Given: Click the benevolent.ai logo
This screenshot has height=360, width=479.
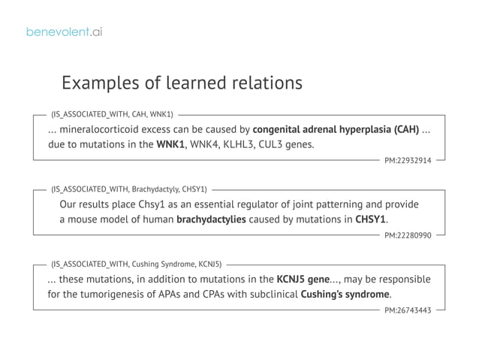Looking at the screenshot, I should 64,32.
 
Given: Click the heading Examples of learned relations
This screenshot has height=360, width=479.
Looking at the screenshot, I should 182,82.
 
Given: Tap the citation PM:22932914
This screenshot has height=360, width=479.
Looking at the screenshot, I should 408,160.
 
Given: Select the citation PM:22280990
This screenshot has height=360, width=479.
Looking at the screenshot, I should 408,235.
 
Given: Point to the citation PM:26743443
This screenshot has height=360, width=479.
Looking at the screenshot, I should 408,310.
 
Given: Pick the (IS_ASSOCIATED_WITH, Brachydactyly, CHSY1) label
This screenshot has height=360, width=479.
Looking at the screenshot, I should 129,190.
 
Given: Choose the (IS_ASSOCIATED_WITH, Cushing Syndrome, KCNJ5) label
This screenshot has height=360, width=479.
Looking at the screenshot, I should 136,265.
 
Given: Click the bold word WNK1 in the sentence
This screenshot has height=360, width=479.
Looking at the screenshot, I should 170,144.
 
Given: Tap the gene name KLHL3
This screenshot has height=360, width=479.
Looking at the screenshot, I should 233,144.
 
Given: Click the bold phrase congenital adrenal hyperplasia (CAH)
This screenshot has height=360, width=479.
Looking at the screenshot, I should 336,129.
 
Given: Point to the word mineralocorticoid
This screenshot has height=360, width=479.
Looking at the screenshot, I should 103,129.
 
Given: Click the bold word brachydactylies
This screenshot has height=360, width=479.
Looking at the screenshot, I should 211,219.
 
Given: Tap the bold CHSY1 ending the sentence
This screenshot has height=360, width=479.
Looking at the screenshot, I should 371,219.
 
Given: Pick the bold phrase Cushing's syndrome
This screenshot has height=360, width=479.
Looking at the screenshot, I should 345,294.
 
